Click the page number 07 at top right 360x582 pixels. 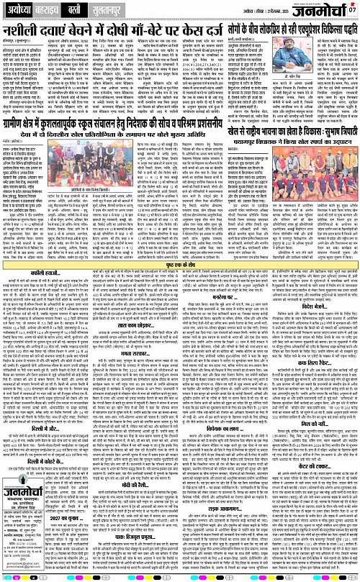(x=352, y=9)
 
